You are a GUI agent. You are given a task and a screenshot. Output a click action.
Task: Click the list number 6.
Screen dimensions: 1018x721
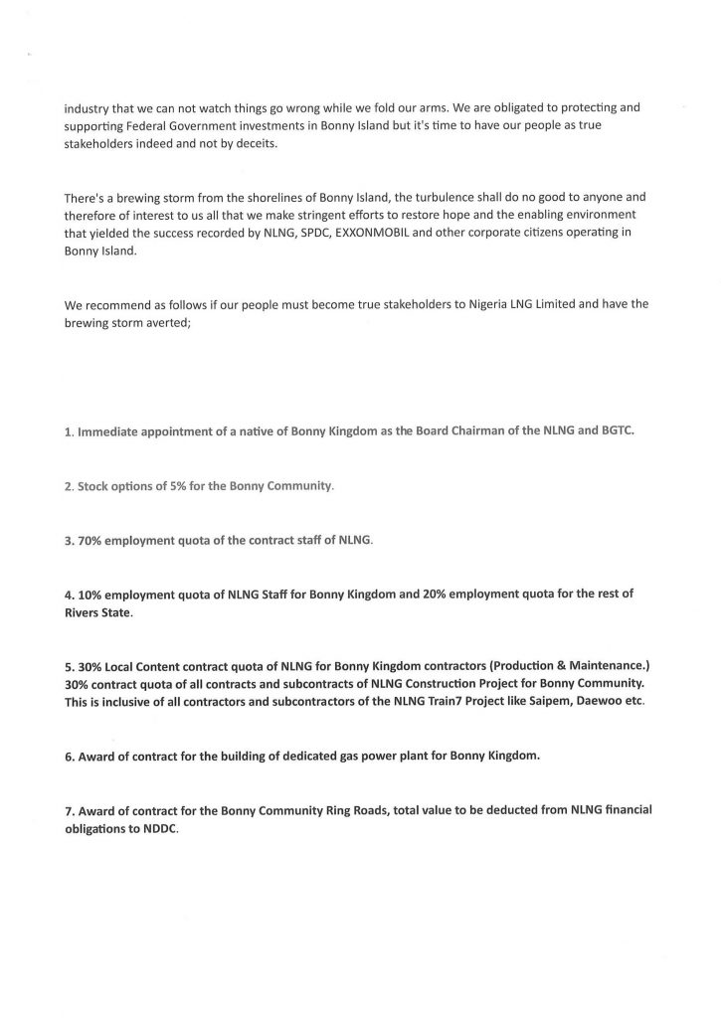[68, 755]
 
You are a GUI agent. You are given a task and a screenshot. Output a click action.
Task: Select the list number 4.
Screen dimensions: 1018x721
[68, 594]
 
